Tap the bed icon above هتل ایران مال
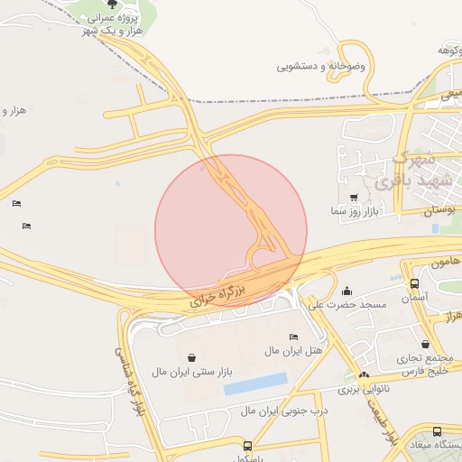click(293, 337)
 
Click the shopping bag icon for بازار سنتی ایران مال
click(190, 358)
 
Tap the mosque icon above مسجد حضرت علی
click(347, 291)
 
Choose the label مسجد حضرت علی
click(347, 304)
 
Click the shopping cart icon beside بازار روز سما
click(353, 198)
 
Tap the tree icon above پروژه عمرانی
click(112, 5)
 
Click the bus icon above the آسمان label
click(414, 283)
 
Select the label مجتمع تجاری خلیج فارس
click(424, 363)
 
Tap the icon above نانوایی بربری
click(364, 375)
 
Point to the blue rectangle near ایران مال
click(255, 383)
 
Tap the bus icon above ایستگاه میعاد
click(438, 432)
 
